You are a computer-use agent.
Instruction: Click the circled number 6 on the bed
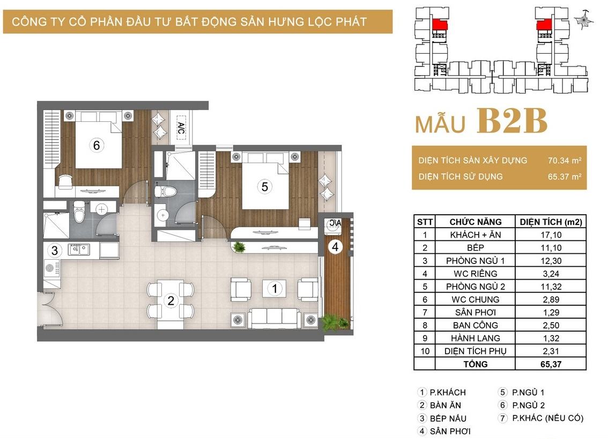click(97, 145)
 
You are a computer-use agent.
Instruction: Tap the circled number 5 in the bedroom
click(264, 187)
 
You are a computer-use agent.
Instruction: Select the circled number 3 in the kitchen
click(55, 250)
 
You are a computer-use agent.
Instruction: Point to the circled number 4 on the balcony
click(336, 246)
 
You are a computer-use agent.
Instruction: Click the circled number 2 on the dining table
click(170, 301)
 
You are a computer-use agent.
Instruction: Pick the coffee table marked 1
click(275, 289)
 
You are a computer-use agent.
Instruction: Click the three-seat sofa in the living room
click(275, 318)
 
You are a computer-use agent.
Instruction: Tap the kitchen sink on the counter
click(79, 249)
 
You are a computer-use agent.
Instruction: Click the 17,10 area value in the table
click(551, 235)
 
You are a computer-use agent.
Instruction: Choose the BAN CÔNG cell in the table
click(476, 325)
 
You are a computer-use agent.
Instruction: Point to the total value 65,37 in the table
click(551, 364)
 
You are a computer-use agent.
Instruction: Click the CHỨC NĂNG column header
click(476, 222)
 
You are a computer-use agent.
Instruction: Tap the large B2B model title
click(512, 121)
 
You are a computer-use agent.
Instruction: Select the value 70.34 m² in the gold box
click(565, 160)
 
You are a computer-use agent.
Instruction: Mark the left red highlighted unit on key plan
click(439, 25)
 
